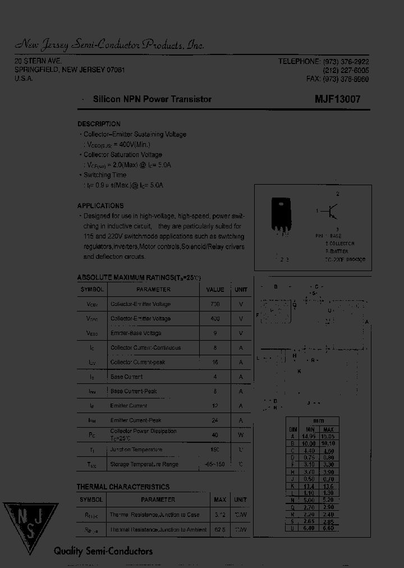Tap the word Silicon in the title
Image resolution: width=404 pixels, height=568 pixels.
click(106, 99)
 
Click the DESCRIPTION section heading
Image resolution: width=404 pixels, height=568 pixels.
click(99, 124)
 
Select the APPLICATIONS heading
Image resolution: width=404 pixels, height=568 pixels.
click(100, 206)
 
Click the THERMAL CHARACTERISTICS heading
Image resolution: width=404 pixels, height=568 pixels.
click(123, 487)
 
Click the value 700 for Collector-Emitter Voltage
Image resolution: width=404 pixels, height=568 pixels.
click(214, 304)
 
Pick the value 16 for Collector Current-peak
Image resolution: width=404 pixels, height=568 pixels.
click(214, 363)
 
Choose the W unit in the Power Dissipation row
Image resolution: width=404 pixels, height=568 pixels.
click(241, 435)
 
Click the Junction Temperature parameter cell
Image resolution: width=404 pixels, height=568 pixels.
click(136, 450)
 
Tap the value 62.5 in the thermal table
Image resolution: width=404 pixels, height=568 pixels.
click(219, 529)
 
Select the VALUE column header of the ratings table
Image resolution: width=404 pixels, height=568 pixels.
click(215, 290)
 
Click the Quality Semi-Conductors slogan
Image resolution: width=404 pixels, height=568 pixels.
click(103, 551)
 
